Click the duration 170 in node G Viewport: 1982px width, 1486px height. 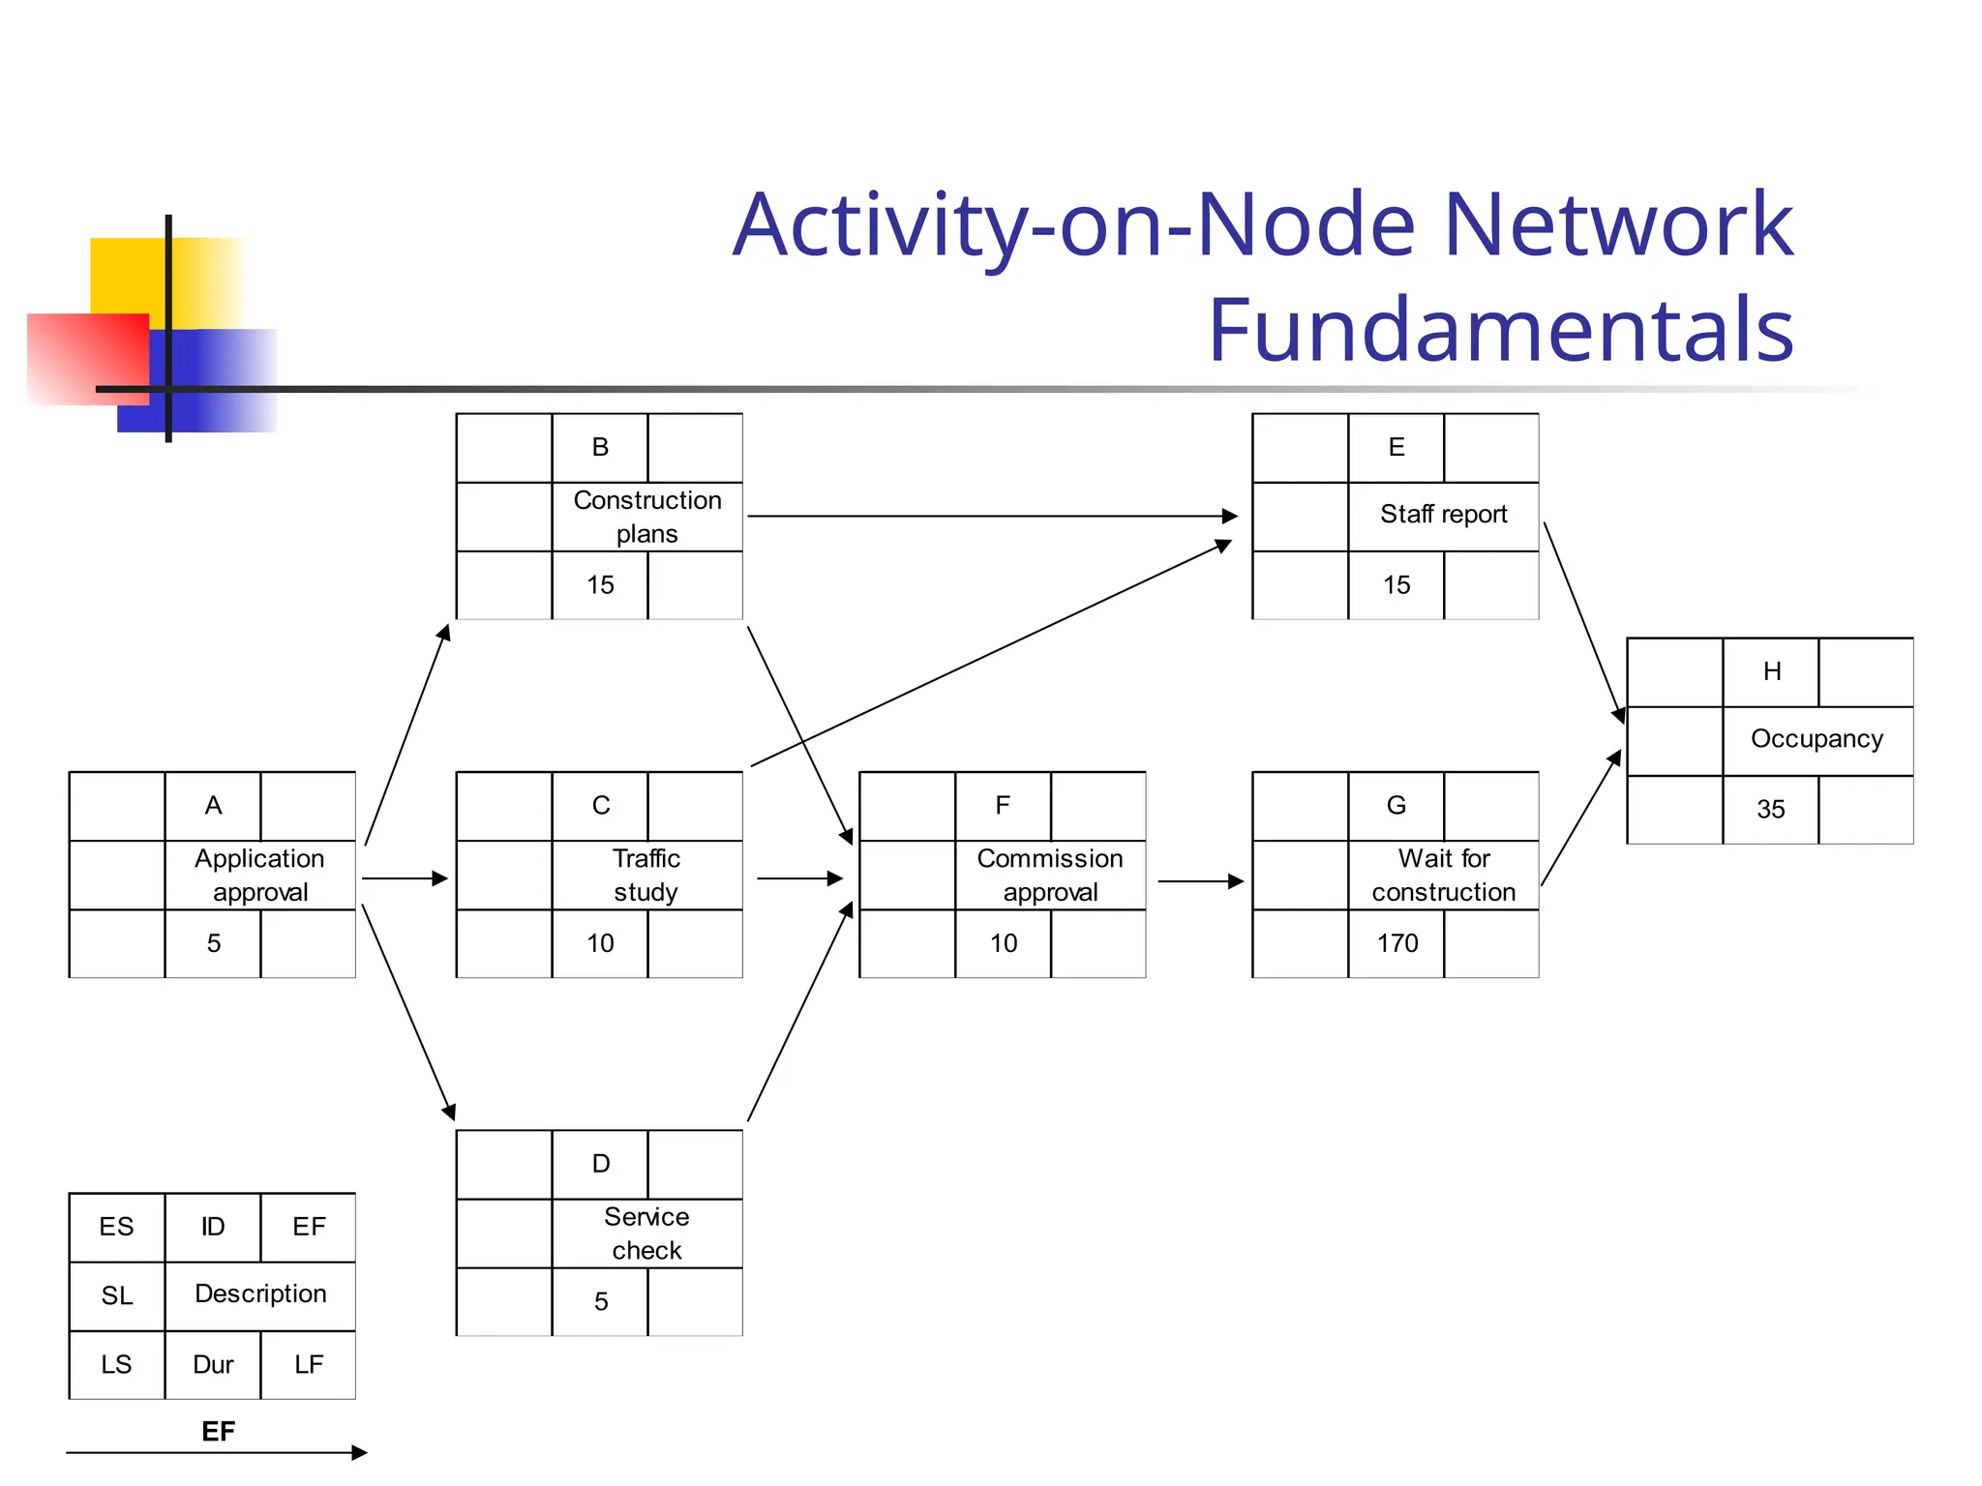1396,943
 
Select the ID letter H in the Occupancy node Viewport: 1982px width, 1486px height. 1771,671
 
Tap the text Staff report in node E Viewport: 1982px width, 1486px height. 1443,514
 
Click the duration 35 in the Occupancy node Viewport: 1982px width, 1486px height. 1770,809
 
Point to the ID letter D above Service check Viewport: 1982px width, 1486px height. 600,1164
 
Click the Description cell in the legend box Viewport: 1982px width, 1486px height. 260,1294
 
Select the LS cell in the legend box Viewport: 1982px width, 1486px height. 116,1364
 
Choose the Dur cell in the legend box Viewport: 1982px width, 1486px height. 213,1364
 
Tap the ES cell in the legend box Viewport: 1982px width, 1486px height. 116,1227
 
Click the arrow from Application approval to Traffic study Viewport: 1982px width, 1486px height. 405,878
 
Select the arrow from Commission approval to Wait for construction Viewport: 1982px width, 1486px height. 1200,881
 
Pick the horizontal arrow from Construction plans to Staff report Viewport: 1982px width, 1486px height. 992,516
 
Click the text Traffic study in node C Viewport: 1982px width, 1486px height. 646,875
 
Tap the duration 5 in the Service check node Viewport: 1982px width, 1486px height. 600,1301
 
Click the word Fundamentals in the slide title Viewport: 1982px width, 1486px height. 1500,330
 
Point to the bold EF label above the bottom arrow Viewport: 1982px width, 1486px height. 218,1431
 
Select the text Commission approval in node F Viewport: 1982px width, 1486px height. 1050,875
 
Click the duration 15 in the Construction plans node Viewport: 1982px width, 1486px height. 600,584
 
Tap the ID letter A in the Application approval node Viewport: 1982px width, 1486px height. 213,806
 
